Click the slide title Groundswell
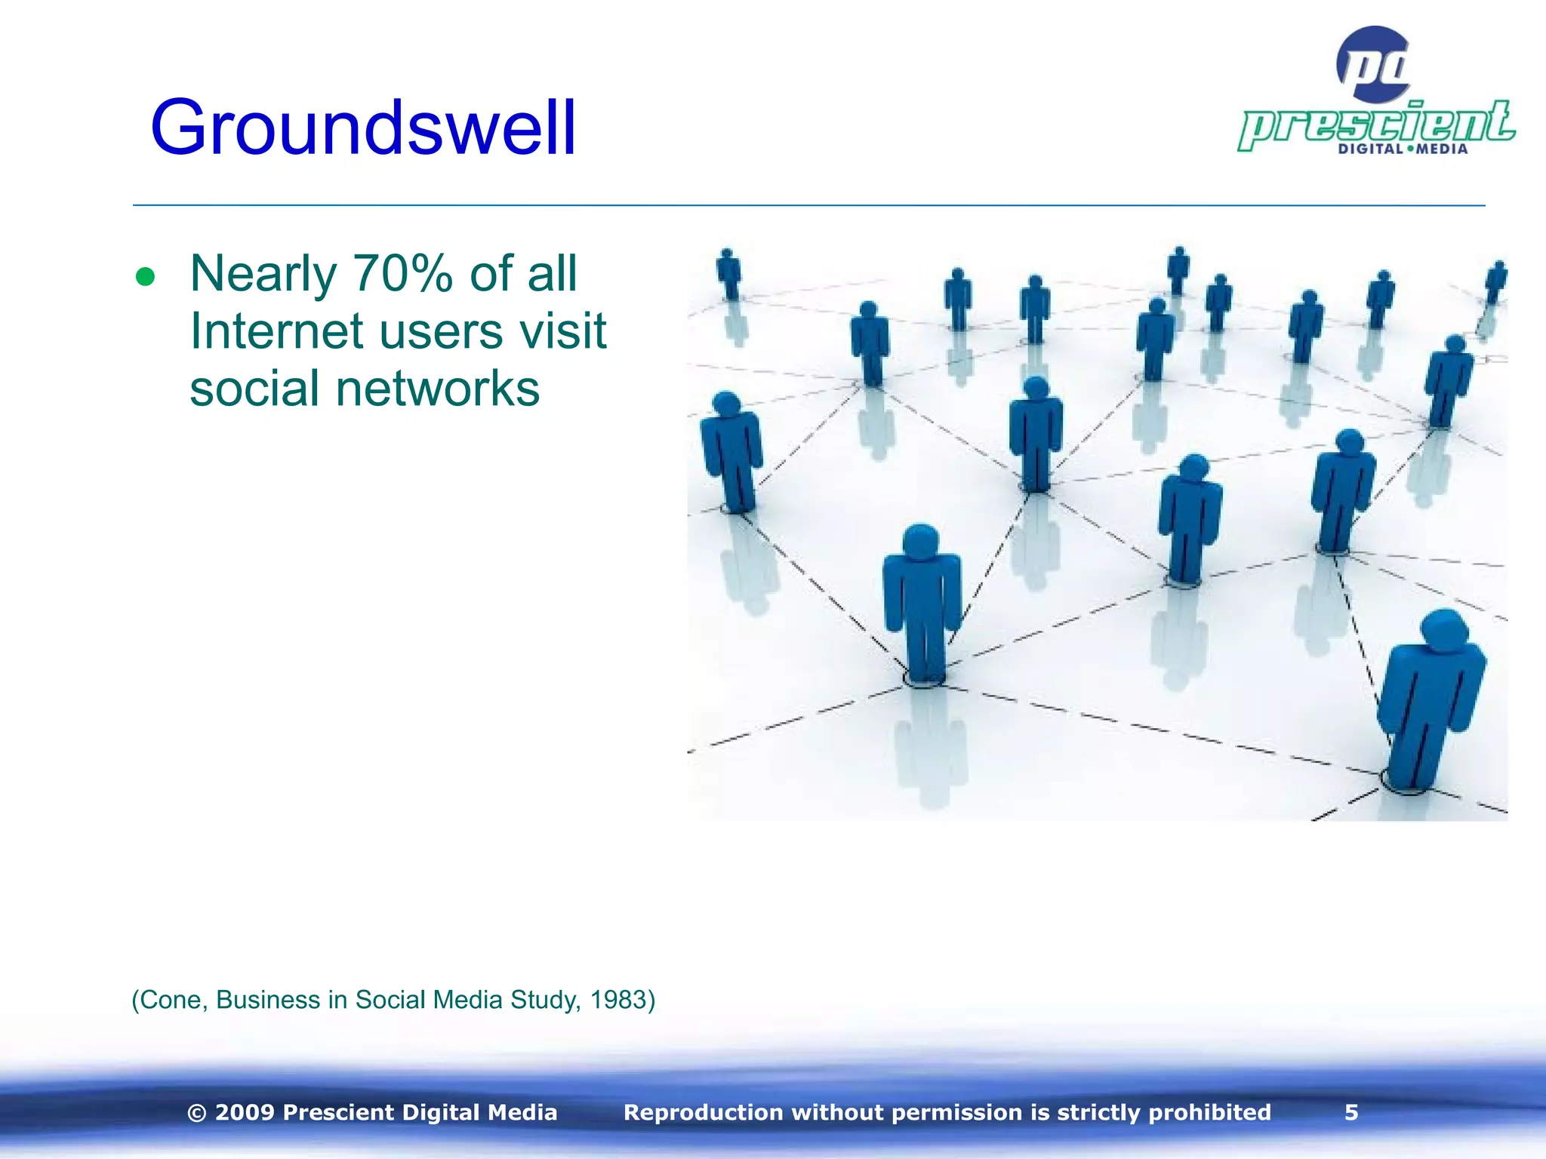(363, 128)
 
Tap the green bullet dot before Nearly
(145, 277)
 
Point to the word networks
(438, 389)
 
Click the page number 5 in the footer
(1351, 1112)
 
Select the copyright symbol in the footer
(197, 1113)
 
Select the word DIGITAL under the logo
(1370, 149)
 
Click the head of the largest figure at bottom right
(1444, 628)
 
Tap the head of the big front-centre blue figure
(920, 541)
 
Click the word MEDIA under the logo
(1442, 149)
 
